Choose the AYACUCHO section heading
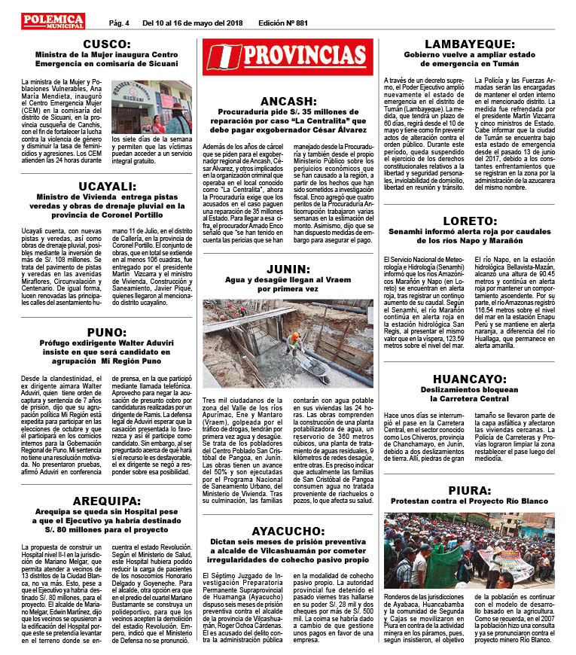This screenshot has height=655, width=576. [x=289, y=532]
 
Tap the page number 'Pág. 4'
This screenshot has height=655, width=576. [x=119, y=23]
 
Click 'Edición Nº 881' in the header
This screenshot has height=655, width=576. [x=283, y=23]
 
